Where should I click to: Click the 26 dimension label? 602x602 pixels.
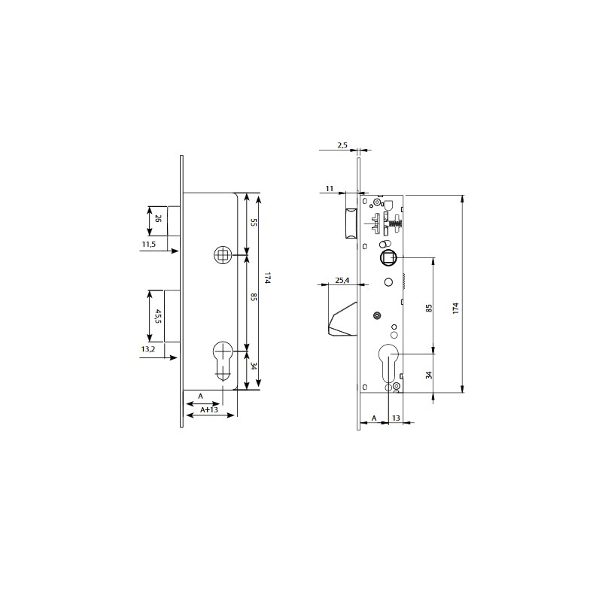[158, 218]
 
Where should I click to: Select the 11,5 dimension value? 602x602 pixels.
[148, 244]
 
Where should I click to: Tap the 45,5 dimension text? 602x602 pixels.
[158, 316]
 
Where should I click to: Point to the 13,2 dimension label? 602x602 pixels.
[147, 349]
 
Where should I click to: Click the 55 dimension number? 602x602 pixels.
[254, 222]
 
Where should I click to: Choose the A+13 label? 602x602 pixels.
[209, 409]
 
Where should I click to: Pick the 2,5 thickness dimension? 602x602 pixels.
[342, 145]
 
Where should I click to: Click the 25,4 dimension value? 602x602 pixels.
[342, 280]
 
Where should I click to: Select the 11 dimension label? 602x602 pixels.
[330, 189]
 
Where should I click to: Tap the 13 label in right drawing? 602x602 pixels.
[396, 418]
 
